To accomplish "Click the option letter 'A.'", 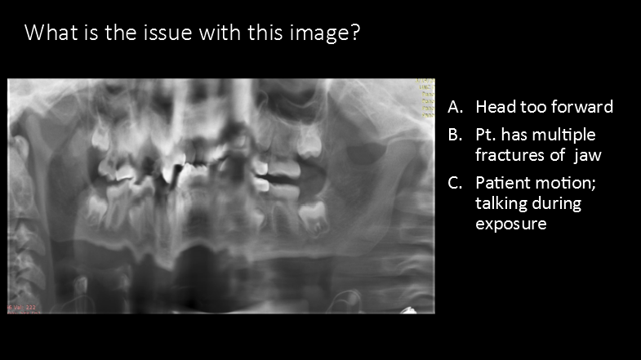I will [456, 107].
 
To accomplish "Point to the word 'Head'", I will [494, 107].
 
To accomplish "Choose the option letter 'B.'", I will [456, 134].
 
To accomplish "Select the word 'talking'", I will [501, 203].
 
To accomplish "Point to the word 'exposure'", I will [511, 223].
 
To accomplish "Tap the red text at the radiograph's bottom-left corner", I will [21, 307].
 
